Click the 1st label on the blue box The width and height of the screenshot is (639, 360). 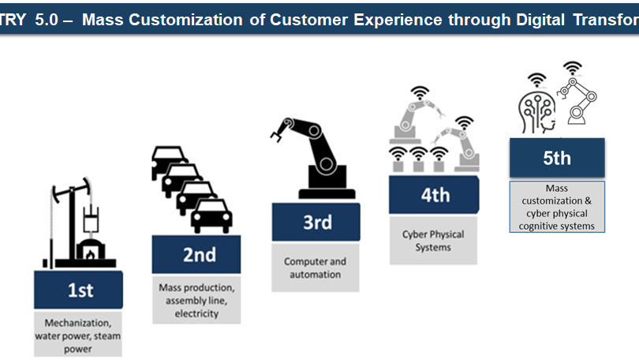[x=80, y=290]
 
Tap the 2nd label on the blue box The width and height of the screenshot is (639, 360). [x=199, y=254]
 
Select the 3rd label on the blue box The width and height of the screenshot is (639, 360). [x=317, y=223]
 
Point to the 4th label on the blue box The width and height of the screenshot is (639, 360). [x=435, y=194]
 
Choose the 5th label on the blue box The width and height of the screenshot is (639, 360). [x=556, y=157]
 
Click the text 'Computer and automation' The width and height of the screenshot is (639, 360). [x=315, y=268]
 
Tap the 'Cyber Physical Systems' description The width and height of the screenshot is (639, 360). [x=433, y=240]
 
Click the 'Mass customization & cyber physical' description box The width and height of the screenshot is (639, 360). [x=557, y=208]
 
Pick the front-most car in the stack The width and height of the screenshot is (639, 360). [x=211, y=216]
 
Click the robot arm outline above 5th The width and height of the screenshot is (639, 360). [x=580, y=99]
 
